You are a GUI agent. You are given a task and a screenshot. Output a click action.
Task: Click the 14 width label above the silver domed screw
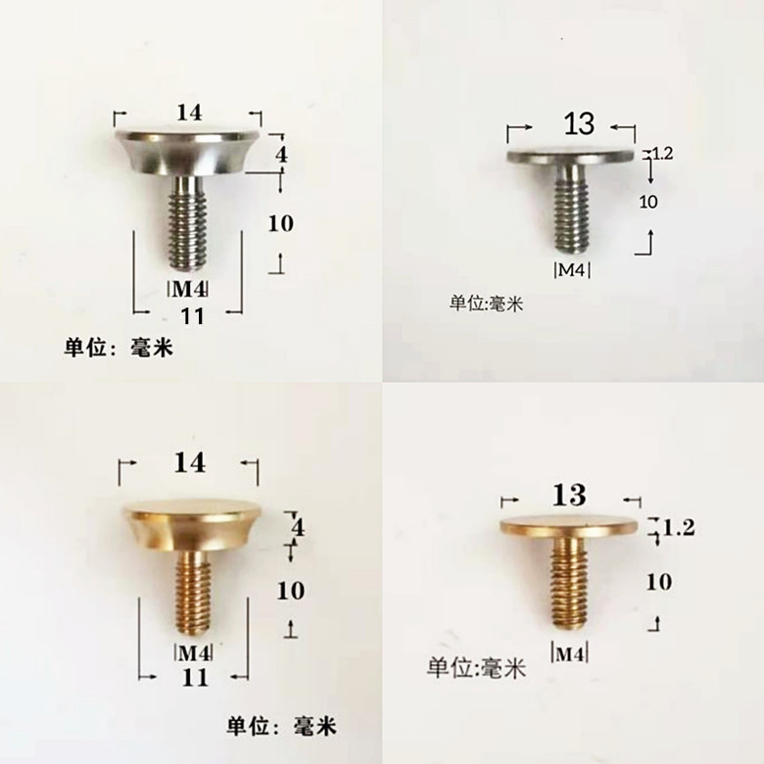pyautogui.click(x=189, y=114)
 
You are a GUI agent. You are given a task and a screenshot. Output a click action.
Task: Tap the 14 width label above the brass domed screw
pyautogui.click(x=190, y=462)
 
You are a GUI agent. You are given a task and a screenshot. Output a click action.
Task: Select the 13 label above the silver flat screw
pyautogui.click(x=579, y=124)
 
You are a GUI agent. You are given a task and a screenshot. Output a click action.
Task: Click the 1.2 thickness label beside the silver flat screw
pyautogui.click(x=663, y=153)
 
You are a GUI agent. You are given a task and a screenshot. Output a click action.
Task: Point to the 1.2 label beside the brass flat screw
pyautogui.click(x=679, y=528)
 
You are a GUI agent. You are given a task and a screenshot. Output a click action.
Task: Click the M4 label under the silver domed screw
pyautogui.click(x=189, y=288)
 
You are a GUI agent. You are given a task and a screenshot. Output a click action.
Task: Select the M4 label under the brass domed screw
pyautogui.click(x=193, y=652)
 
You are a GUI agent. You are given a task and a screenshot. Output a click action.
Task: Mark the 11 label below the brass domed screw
pyautogui.click(x=196, y=677)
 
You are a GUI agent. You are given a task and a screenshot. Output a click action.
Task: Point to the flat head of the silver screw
pyautogui.click(x=571, y=156)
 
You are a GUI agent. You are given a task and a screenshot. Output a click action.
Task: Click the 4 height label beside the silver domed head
pyautogui.click(x=281, y=155)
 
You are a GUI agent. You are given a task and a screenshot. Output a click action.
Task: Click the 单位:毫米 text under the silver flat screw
pyautogui.click(x=487, y=304)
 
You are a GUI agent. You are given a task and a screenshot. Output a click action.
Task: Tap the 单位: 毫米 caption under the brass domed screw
pyautogui.click(x=282, y=727)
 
